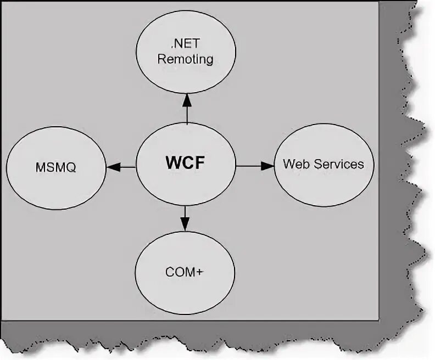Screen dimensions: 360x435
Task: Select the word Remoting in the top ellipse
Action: pos(185,59)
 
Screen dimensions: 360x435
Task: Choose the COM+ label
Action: pos(185,272)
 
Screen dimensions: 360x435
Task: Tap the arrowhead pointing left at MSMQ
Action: pos(114,166)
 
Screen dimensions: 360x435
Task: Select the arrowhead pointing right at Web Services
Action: pos(267,165)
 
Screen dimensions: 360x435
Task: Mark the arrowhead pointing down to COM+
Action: pos(185,223)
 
